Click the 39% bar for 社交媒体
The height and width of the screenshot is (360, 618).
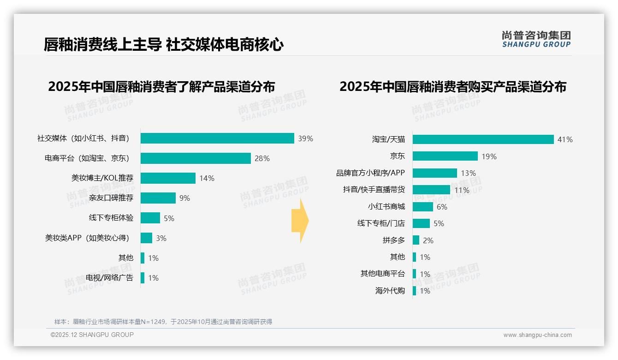pos(217,138)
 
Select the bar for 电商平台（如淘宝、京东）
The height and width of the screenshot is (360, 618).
pos(196,158)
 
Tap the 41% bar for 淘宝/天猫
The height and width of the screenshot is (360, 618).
pos(483,139)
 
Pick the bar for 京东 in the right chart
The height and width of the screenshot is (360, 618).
pos(445,156)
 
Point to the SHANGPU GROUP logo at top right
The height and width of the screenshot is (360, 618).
pos(536,39)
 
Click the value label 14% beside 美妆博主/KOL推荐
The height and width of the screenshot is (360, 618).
pos(207,179)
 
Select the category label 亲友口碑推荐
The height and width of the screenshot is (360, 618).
pos(111,198)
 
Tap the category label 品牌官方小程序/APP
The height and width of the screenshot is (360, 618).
pos(370,173)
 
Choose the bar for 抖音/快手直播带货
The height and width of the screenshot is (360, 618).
pos(431,190)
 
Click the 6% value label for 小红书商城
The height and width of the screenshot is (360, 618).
pos(442,207)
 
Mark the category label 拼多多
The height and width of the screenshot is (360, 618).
pos(393,240)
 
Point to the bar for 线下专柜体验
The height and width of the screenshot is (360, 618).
pos(150,218)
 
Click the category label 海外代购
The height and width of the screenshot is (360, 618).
pos(390,291)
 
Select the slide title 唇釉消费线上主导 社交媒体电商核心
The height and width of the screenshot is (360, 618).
pos(163,45)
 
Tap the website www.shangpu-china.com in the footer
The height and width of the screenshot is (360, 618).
pos(537,335)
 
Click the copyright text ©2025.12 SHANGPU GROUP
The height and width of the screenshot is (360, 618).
pos(92,335)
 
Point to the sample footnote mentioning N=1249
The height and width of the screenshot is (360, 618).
pos(163,322)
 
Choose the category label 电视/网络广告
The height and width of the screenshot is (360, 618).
pos(109,278)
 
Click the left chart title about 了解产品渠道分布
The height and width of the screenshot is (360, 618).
pos(161,87)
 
